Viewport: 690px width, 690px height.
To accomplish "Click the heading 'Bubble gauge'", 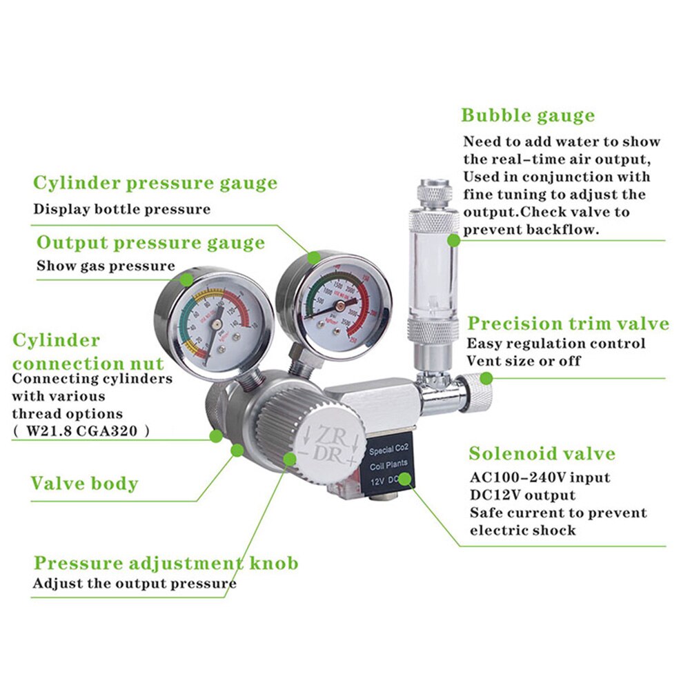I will coord(528,115).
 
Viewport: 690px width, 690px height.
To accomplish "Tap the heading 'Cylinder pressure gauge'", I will coord(155,184).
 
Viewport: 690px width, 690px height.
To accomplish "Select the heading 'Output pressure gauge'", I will coord(150,243).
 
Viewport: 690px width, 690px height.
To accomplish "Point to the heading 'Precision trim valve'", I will coord(568,324).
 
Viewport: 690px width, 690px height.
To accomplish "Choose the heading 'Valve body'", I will coord(84,483).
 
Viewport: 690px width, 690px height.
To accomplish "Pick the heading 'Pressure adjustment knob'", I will coord(166,563).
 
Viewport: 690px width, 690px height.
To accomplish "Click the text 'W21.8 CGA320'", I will coord(80,431).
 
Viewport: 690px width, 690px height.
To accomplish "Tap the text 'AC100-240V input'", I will coord(540,477).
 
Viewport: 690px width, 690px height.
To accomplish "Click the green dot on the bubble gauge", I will coord(453,240).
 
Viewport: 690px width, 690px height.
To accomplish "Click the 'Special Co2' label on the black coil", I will coord(391,451).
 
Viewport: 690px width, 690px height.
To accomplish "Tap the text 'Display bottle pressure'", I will coord(121,209).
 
